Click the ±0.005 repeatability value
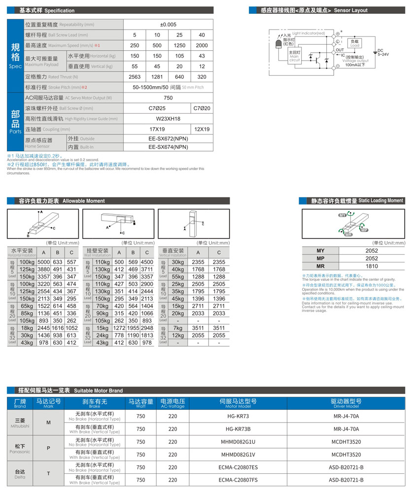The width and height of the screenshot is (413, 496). tap(168, 25)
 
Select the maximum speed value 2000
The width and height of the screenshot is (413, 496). tap(202, 45)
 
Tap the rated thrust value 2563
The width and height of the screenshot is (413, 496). tap(135, 77)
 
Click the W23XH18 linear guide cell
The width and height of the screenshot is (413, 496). tap(168, 119)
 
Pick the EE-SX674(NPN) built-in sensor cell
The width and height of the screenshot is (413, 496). tap(168, 146)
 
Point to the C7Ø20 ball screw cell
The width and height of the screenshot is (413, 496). tap(202, 108)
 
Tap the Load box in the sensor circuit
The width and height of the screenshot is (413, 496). tap(355, 43)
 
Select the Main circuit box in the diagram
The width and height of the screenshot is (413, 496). tap(294, 55)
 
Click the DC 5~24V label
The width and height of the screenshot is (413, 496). tap(382, 52)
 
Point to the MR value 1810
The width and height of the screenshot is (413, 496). tap(372, 266)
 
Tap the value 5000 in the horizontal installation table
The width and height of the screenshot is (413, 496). tap(44, 262)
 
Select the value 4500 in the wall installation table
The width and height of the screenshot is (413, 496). tap(147, 262)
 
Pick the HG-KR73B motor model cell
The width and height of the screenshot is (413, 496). tap(238, 429)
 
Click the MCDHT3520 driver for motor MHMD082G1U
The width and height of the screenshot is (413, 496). tap(346, 442)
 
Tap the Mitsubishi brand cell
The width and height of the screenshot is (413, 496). tap(20, 423)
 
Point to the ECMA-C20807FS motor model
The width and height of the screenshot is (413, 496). tap(238, 480)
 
